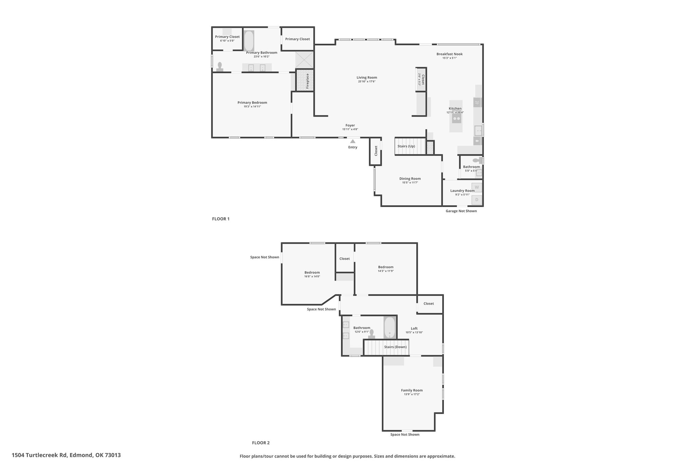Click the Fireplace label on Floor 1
click(x=307, y=81)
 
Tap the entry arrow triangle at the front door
click(x=353, y=141)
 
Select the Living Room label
click(x=367, y=77)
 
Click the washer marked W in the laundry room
click(x=477, y=187)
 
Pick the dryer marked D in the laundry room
click(x=477, y=200)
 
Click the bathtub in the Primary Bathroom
click(x=249, y=41)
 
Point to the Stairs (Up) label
click(x=406, y=146)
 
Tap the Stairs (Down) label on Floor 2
click(x=395, y=347)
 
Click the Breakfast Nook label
click(x=450, y=54)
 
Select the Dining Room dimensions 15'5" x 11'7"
click(x=410, y=182)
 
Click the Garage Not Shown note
click(x=461, y=211)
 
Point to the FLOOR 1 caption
click(x=221, y=219)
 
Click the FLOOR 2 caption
click(x=261, y=443)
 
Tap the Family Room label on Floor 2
click(x=412, y=390)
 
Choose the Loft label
click(x=414, y=328)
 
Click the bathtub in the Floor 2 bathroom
click(x=390, y=328)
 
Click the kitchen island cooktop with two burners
click(x=456, y=119)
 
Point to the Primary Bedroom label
click(x=252, y=102)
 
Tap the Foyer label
click(x=350, y=125)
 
